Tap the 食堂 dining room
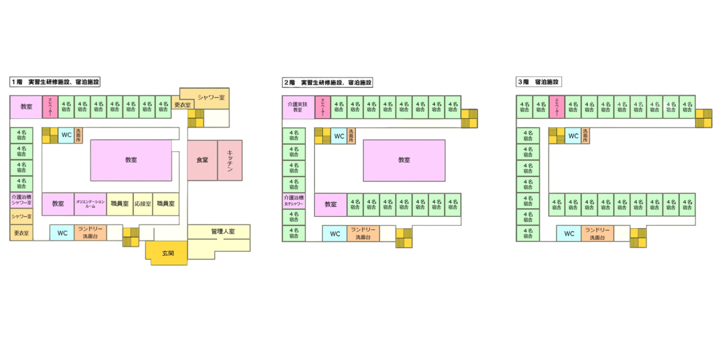point(202,160)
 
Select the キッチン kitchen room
point(230,160)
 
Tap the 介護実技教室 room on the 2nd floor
point(298,107)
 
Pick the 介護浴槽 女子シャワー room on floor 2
point(294,201)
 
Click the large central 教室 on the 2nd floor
point(404,160)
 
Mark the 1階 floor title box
point(55,82)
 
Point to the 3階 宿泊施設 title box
point(538,82)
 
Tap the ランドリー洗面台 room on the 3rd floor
point(597,233)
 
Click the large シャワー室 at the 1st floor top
point(211,97)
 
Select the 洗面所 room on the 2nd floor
point(351,136)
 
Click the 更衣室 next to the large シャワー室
point(182,105)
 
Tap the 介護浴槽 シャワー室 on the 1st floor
point(22,200)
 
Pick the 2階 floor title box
point(327,82)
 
